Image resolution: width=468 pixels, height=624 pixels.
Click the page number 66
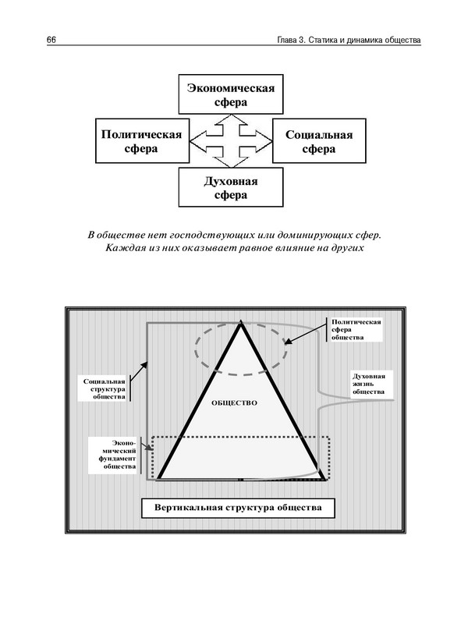(x=51, y=40)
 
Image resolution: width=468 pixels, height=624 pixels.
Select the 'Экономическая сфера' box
(x=230, y=94)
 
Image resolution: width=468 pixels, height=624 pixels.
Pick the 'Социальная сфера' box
(x=319, y=141)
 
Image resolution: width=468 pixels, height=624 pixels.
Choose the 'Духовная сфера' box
(x=230, y=188)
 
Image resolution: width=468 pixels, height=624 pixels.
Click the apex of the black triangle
(x=241, y=321)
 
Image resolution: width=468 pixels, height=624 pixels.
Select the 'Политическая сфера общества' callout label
(x=355, y=330)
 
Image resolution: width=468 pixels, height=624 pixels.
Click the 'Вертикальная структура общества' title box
(x=238, y=508)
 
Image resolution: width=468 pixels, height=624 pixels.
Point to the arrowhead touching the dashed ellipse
(x=287, y=342)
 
